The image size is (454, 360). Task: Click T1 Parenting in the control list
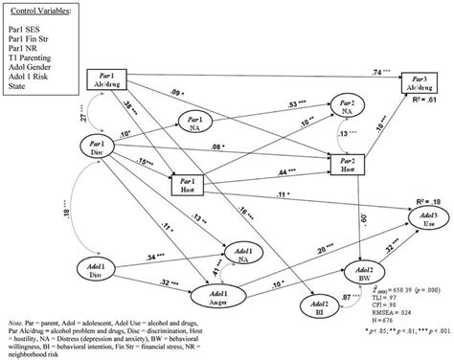34,58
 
